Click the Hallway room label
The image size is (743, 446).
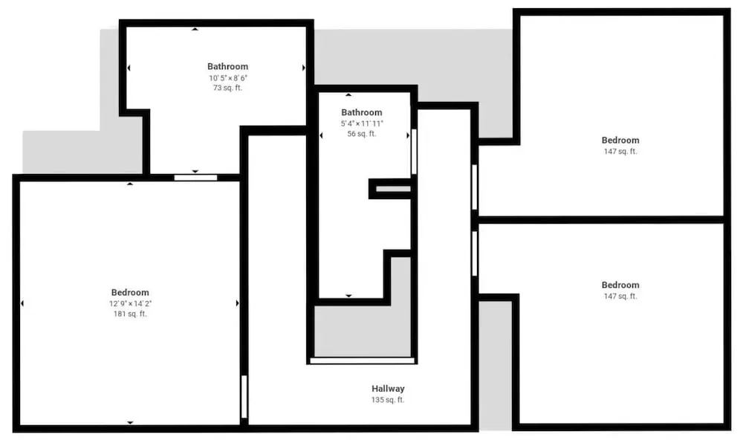coord(388,389)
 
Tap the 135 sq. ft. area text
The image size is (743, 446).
coord(388,400)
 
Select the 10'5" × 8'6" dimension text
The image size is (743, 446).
coord(228,78)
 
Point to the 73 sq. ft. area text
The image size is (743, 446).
coord(227,88)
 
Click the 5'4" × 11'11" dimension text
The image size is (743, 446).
coord(362,123)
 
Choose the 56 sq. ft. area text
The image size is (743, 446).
coord(362,134)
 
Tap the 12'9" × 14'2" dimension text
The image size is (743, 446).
coord(130,303)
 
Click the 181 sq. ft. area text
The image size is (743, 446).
coord(130,314)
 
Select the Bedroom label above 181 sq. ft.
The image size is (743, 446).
coord(130,292)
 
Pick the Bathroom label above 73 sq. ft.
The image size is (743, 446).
coord(227,66)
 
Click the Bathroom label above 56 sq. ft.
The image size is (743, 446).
coord(362,112)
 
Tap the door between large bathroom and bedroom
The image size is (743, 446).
coord(195,178)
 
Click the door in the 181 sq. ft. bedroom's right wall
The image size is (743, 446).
coord(244,397)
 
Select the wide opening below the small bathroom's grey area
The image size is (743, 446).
coord(362,361)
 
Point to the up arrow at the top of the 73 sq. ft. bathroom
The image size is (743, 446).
coord(195,29)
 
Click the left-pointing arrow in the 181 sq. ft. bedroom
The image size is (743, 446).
coord(22,303)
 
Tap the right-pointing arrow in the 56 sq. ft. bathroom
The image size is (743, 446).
coord(408,135)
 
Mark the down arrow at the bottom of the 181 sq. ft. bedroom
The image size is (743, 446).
coord(130,422)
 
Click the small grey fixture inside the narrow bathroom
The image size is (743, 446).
coord(393,189)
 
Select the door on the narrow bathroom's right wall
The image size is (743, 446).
coord(414,152)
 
